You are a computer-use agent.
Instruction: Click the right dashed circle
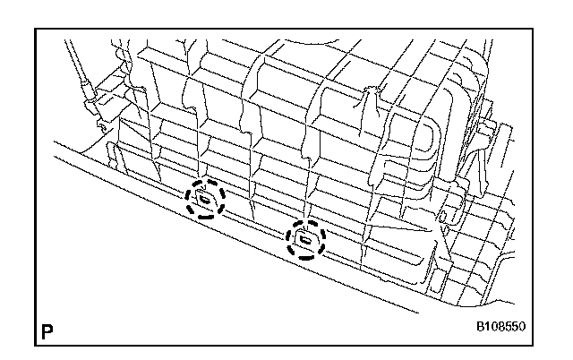(x=305, y=239)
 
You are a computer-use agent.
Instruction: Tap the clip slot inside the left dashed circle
(x=206, y=199)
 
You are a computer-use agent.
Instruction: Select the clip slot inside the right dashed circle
(x=305, y=239)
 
